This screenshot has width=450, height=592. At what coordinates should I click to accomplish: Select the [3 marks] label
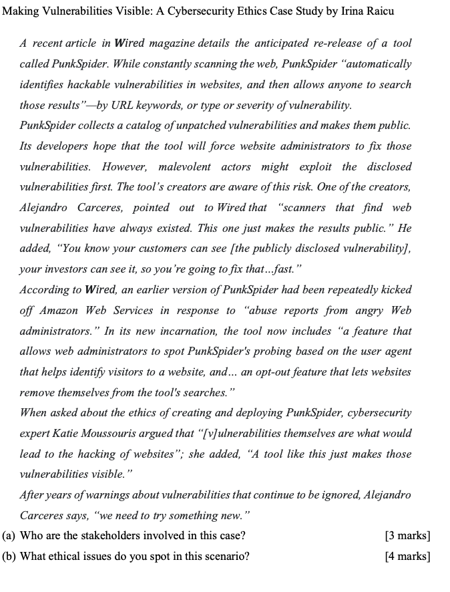[x=407, y=536]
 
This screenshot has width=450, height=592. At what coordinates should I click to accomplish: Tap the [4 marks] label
[x=407, y=556]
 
